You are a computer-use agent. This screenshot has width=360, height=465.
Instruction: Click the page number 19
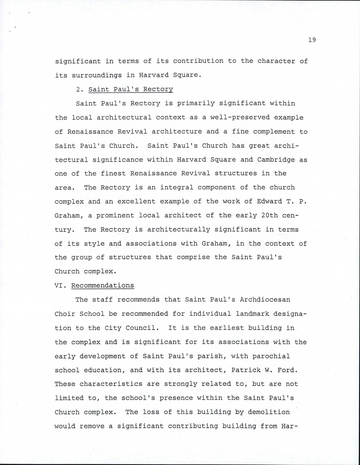point(312,40)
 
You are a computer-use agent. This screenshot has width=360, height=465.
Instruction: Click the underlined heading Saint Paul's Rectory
point(131,89)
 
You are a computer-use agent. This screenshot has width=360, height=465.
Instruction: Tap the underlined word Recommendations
point(103,285)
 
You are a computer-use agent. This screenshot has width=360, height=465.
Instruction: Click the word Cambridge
point(276,160)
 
